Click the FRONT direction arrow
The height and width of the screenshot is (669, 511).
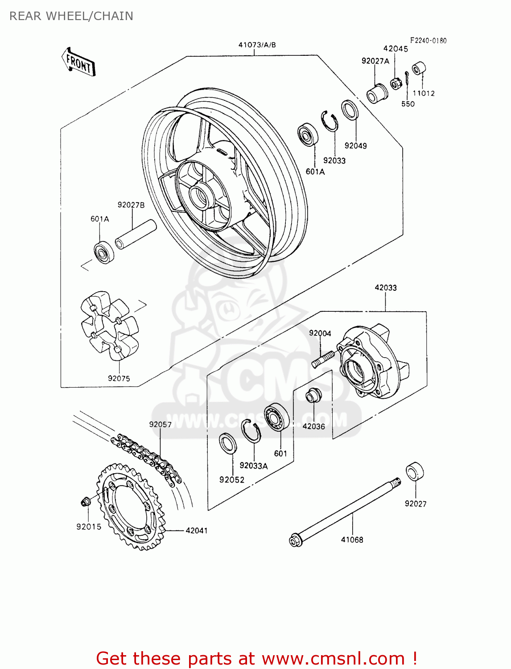tap(78, 62)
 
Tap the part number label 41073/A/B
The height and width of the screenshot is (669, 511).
tap(257, 45)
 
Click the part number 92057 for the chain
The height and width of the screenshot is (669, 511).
tap(160, 424)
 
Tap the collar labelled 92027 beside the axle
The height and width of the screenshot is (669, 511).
tap(414, 471)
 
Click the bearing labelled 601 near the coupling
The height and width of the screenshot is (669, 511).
tap(276, 417)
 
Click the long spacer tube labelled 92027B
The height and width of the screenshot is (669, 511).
tap(136, 234)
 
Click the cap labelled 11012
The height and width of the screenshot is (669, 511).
tap(419, 69)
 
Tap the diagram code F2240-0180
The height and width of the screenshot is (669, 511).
tap(428, 41)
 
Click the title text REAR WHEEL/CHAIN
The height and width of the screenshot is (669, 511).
tap(71, 16)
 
